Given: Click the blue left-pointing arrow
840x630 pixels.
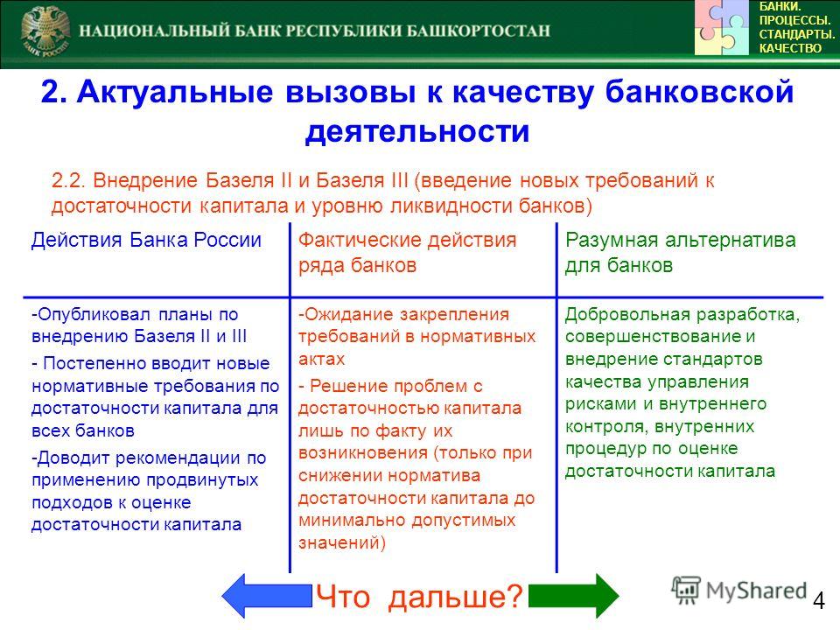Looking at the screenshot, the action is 266,595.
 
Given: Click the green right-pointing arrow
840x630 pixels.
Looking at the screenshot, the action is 574,595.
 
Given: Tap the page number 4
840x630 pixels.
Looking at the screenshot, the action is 819,600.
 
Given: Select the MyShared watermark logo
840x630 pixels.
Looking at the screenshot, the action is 738,591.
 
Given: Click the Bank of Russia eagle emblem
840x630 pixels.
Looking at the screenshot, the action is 45,31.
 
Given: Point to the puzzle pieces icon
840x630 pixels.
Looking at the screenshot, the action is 722,27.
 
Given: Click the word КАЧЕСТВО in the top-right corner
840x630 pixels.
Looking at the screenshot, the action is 790,48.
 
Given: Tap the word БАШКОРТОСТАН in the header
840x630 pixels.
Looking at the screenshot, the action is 478,31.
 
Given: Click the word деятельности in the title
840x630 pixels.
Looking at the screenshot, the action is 417,131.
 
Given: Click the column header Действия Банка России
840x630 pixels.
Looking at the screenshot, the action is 146,240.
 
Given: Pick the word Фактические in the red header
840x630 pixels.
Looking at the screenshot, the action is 360,240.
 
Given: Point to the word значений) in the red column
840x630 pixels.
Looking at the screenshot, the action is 342,542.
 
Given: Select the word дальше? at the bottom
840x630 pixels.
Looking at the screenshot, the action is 455,596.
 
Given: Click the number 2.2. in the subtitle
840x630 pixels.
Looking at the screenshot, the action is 68,180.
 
